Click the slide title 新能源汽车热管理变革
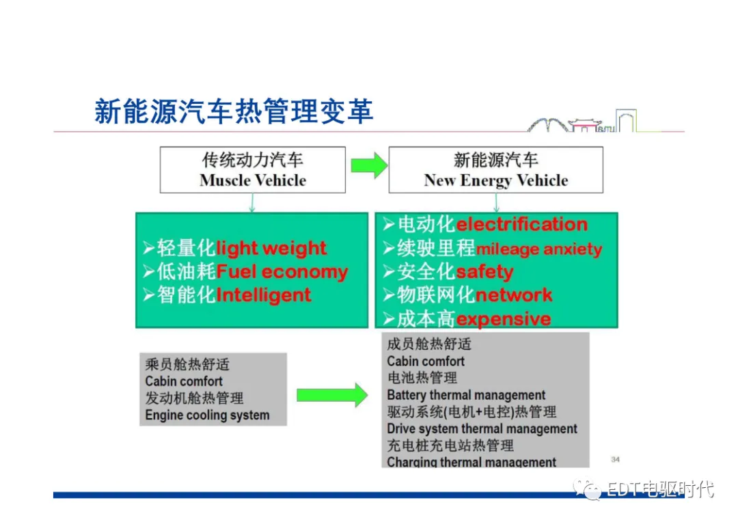234,111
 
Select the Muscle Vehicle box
253,169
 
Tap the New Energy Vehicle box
495,169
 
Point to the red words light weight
271,248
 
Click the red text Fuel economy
282,272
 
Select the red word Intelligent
264,295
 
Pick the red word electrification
521,224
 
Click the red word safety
484,272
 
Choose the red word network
514,295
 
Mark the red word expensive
504,319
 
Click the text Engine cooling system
207,415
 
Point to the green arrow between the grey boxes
332,395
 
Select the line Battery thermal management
466,395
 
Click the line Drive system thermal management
482,429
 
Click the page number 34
615,459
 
